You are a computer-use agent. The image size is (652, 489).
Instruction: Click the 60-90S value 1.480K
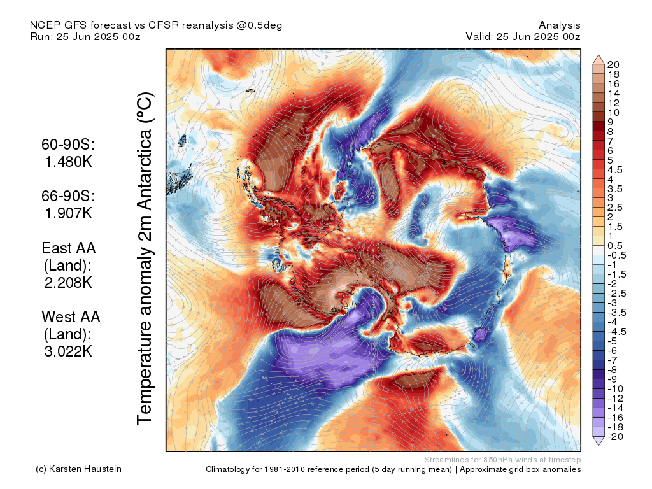(69, 162)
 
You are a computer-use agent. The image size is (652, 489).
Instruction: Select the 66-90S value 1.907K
(69, 213)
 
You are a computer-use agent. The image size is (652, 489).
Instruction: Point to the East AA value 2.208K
(69, 282)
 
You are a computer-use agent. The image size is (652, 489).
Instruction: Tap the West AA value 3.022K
(69, 351)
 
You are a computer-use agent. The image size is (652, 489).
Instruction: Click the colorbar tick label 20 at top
(613, 65)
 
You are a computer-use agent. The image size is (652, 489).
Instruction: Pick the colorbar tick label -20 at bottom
(615, 436)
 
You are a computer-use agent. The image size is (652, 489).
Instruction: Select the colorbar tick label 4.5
(615, 169)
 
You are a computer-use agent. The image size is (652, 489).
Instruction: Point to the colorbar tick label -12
(615, 398)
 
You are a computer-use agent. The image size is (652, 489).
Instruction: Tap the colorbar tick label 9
(611, 122)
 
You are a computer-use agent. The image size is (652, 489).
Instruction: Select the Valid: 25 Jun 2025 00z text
(523, 36)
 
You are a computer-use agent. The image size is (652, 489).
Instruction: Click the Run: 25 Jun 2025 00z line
(85, 36)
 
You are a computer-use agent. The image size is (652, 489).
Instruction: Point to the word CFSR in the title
(164, 25)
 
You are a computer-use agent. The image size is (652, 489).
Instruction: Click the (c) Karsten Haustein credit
(78, 469)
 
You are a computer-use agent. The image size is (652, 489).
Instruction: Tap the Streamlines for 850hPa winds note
(502, 459)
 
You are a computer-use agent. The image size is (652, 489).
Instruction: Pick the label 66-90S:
(69, 196)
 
